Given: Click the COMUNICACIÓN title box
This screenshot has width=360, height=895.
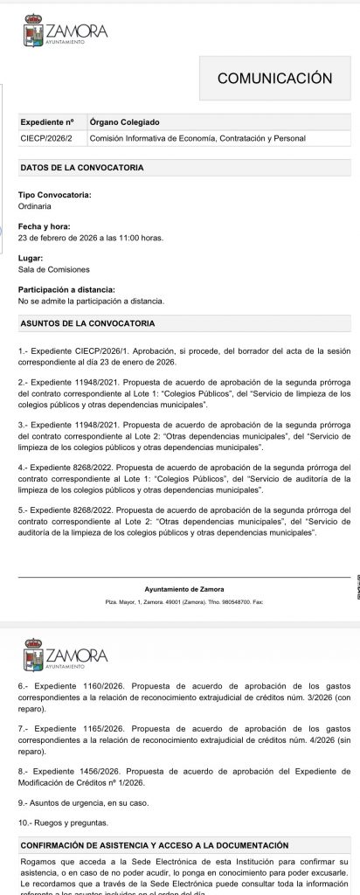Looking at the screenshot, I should point(274,78).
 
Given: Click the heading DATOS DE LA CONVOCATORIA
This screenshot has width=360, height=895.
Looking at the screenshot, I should point(81,167).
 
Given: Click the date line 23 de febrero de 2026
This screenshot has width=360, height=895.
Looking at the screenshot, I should point(91,238).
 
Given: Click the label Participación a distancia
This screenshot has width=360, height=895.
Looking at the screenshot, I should point(66,289).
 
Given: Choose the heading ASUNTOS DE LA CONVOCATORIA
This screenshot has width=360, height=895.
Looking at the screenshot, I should point(87,323).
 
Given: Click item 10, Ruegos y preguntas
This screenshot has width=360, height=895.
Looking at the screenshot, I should point(63,822).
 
